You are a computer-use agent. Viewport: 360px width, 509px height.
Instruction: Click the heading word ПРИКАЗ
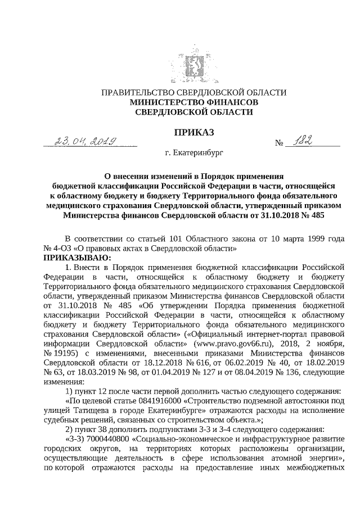(194, 132)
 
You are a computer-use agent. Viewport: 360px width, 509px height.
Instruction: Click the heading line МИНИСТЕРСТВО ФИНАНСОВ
(194, 102)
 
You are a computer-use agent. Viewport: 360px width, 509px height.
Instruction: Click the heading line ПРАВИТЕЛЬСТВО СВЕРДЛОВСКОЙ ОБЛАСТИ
(193, 93)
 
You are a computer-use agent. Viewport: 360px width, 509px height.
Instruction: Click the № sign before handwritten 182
(278, 143)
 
